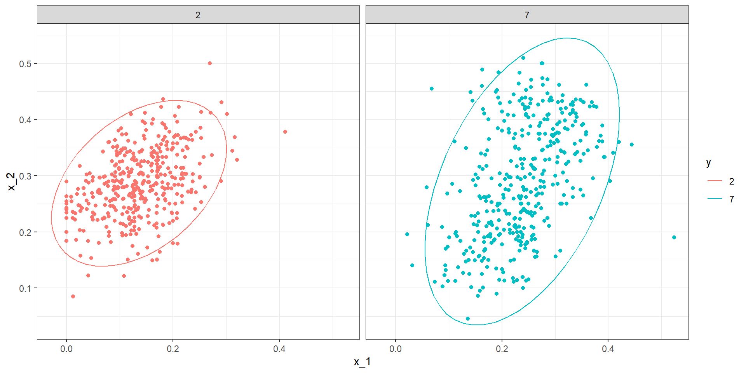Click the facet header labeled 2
(198, 15)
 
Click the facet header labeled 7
(527, 15)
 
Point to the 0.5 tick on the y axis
(25, 64)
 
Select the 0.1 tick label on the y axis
(25, 289)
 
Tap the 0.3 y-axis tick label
(25, 176)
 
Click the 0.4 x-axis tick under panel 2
(279, 349)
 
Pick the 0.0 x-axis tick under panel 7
(396, 349)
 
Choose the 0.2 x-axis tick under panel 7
(502, 349)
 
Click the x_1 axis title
(362, 362)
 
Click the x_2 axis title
(12, 181)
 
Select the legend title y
(709, 162)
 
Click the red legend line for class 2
(715, 181)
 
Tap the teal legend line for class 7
(715, 199)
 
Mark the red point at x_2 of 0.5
(210, 63)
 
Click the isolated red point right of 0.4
(285, 132)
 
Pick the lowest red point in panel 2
(73, 296)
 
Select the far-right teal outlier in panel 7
(674, 237)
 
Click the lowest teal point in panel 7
(468, 319)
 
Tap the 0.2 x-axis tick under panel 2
(173, 349)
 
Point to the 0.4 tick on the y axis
(25, 120)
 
